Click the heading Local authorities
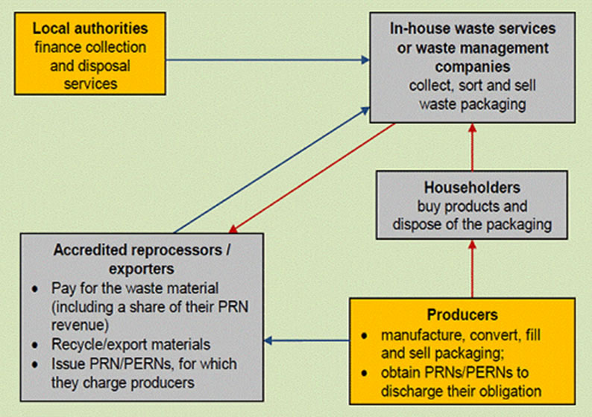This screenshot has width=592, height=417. pyautogui.click(x=90, y=29)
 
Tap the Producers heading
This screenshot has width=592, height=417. pyautogui.click(x=462, y=315)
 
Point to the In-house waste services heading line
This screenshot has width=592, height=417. pyautogui.click(x=473, y=29)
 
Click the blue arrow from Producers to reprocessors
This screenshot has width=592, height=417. pyautogui.click(x=306, y=342)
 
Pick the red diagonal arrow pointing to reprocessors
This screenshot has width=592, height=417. pyautogui.click(x=313, y=176)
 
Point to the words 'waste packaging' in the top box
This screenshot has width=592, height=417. pyautogui.click(x=473, y=104)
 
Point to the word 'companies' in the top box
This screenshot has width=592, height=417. pyautogui.click(x=473, y=66)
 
